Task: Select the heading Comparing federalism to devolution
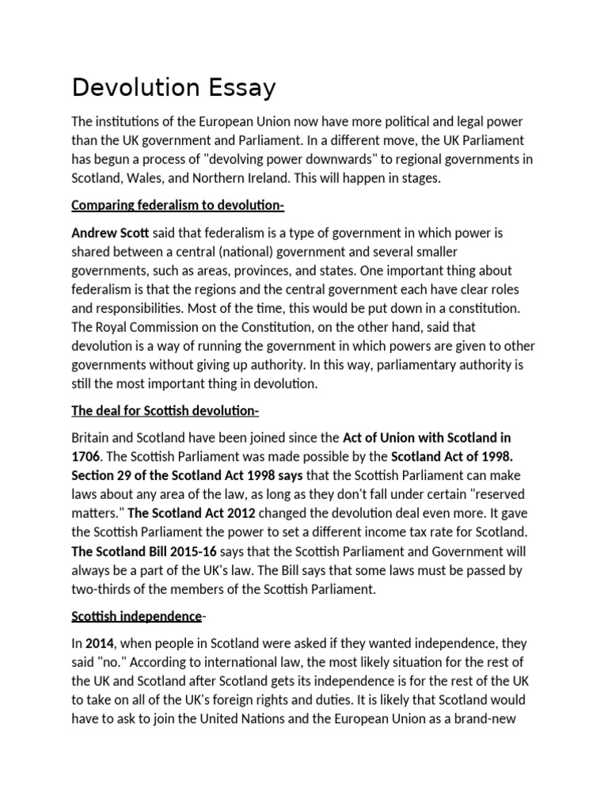pyautogui.click(x=177, y=207)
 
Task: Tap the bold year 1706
pyautogui.click(x=87, y=455)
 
